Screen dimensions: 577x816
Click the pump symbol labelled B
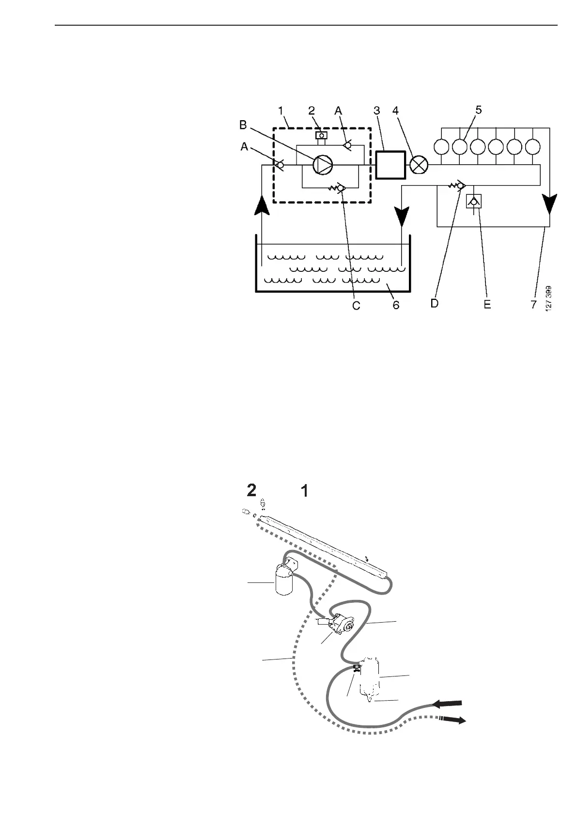322,165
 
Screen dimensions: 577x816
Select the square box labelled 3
390,165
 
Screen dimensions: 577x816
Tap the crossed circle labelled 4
419,165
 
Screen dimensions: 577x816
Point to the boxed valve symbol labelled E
472,202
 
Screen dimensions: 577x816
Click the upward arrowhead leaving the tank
262,204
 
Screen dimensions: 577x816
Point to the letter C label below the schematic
356,306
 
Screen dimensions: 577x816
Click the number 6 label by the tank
396,306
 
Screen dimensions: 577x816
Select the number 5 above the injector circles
478,110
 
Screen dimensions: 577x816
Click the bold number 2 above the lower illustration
251,491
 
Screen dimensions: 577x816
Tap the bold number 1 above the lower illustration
305,491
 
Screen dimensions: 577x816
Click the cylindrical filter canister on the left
284,579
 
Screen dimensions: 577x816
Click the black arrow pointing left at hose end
448,703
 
